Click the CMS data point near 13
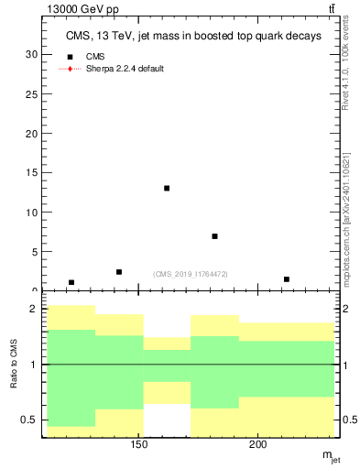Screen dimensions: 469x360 (x=167, y=188)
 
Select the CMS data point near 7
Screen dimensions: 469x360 (x=214, y=236)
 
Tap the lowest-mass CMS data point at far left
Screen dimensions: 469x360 (x=71, y=282)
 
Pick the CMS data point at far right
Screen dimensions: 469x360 (x=287, y=279)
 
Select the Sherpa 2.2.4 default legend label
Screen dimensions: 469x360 (x=125, y=69)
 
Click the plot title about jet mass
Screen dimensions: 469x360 (x=193, y=37)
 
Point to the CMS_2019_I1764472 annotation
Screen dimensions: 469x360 (x=191, y=274)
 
